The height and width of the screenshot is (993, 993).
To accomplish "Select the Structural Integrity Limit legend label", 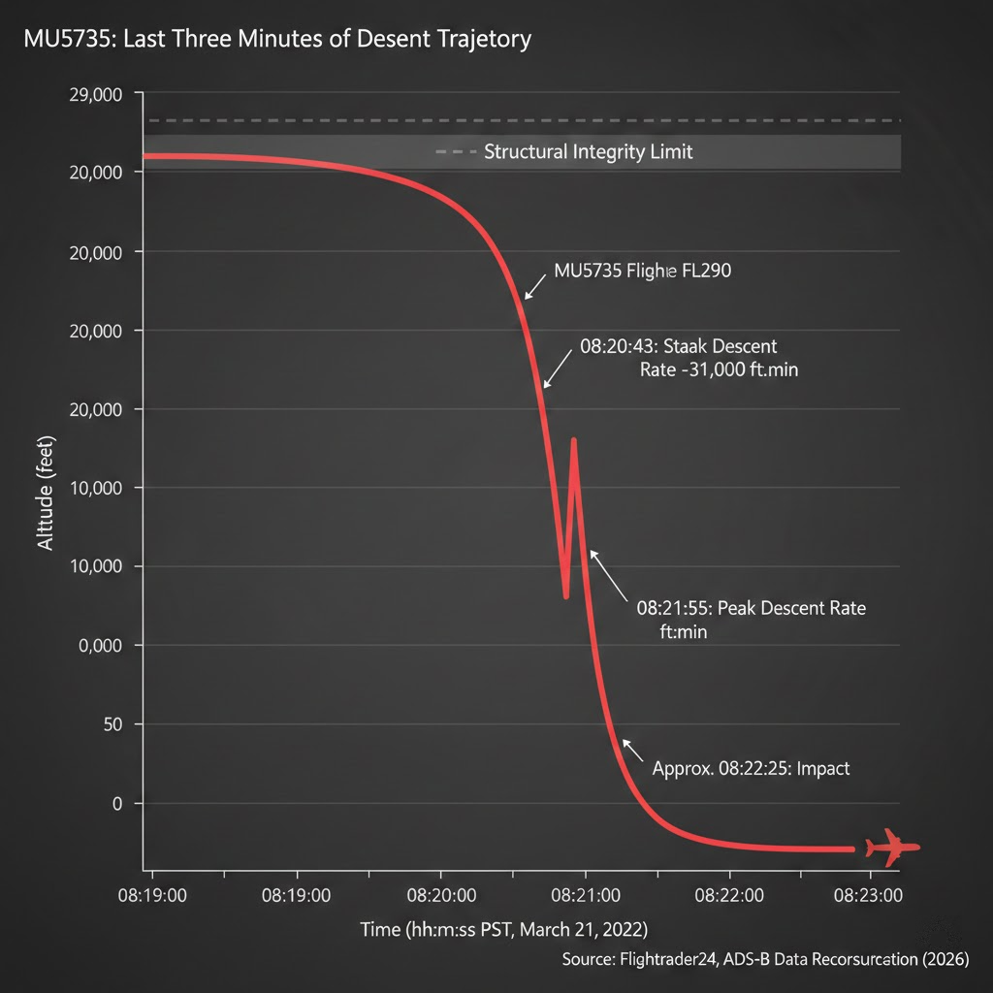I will pyautogui.click(x=588, y=152).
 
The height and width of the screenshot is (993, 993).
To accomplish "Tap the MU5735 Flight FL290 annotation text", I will pyautogui.click(x=641, y=272).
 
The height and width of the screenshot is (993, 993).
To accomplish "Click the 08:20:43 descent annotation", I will pyautogui.click(x=678, y=346).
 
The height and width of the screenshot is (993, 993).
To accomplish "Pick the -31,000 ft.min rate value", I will pyautogui.click(x=719, y=370).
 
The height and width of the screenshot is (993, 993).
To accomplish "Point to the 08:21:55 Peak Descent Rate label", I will pyautogui.click(x=751, y=609).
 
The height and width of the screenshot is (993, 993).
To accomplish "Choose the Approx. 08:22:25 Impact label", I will pyautogui.click(x=751, y=768).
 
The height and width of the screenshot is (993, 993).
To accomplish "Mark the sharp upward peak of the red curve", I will pyautogui.click(x=574, y=440).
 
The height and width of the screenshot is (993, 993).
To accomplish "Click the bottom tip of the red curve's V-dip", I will pyautogui.click(x=565, y=596).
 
